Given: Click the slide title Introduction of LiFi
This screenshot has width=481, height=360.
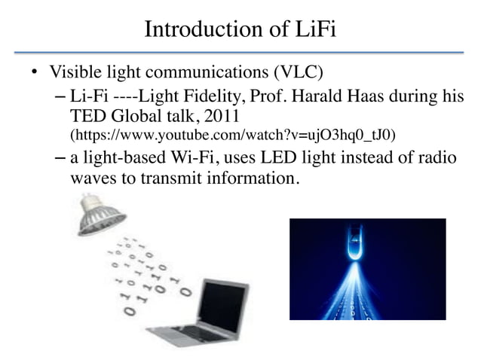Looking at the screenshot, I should pyautogui.click(x=240, y=30).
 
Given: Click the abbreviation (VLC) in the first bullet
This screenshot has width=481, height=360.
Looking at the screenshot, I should pyautogui.click(x=296, y=73).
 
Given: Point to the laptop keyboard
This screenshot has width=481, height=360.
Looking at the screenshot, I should pyautogui.click(x=181, y=334).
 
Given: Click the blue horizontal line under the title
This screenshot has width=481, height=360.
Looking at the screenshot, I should pyautogui.click(x=240, y=53).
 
